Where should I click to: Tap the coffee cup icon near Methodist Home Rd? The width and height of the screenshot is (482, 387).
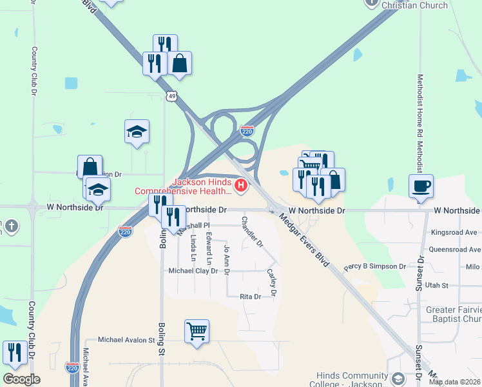pos(421,186)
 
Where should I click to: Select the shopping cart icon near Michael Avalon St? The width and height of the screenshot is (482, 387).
pos(197,331)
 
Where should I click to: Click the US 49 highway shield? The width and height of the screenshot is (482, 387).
pos(171,96)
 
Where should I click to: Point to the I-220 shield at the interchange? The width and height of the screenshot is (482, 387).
pos(247,131)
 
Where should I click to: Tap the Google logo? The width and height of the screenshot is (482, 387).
pos(21,379)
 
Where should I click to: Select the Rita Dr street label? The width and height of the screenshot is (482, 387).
pos(250,297)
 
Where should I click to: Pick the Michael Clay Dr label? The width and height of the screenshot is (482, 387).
pos(193,271)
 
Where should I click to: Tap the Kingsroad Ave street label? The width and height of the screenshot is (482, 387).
pos(455,232)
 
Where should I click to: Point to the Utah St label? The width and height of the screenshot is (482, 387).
pos(436,284)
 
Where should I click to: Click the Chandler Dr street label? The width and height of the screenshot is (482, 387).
pos(252,232)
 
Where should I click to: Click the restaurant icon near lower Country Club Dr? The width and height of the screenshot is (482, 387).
pos(14,352)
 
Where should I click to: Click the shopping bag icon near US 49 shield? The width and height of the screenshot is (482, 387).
pos(180,64)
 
